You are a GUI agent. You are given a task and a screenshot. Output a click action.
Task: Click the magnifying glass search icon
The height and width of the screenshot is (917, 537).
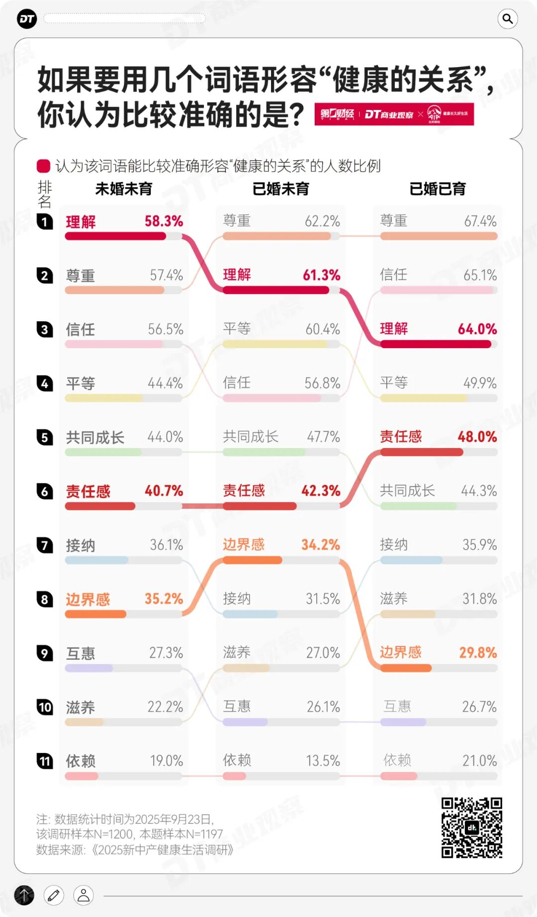507,19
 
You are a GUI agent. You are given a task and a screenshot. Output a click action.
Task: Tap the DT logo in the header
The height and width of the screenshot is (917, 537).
27,19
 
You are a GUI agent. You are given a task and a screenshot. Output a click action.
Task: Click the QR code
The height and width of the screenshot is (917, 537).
471,827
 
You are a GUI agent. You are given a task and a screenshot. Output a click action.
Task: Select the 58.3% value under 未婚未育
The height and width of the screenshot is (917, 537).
164,221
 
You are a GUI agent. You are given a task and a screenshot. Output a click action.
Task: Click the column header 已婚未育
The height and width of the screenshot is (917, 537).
281,189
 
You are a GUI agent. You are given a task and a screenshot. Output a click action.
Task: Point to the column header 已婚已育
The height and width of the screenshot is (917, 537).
438,189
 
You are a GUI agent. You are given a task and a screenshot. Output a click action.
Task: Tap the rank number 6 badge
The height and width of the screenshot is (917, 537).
45,491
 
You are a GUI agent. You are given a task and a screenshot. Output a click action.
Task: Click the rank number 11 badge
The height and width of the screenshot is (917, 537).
45,761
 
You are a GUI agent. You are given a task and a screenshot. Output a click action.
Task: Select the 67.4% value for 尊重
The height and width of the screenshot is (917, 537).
480,221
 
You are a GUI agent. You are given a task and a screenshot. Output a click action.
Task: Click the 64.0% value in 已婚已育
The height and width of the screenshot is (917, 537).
477,329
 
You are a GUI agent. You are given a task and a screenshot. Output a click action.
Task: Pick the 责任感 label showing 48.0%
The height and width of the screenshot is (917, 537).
401,437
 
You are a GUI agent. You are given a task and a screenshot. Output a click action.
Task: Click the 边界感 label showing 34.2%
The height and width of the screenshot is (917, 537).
244,545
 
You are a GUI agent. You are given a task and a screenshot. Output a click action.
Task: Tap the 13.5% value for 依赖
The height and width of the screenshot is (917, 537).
323,761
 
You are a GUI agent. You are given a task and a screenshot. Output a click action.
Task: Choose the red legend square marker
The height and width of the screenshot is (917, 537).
44,166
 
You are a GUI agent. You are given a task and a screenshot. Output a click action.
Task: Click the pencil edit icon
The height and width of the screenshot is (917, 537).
54,896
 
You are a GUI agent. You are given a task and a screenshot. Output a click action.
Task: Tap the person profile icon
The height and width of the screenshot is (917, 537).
84,896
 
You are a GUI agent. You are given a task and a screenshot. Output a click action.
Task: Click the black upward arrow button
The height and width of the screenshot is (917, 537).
24,896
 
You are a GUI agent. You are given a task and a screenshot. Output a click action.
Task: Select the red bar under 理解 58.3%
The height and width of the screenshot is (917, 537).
115,236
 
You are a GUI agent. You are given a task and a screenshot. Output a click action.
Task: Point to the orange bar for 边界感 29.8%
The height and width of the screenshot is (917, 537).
406,668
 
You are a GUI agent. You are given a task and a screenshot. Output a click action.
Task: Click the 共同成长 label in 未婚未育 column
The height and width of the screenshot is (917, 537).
95,438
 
